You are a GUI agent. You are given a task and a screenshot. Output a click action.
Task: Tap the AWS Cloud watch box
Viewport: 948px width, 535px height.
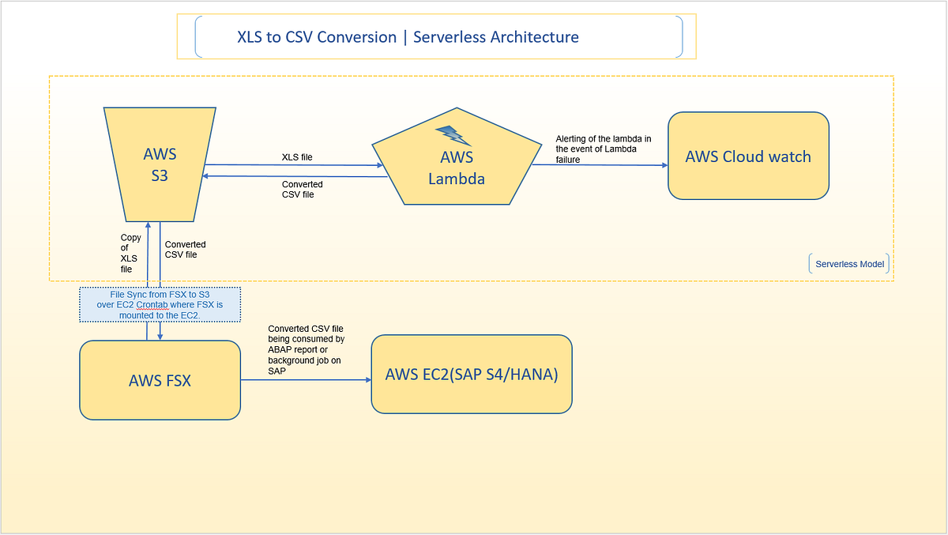tap(747, 156)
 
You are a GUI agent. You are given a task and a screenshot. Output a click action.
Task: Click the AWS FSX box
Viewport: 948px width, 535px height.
tap(160, 380)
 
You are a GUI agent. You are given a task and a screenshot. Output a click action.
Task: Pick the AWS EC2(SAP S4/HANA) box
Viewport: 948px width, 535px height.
tap(471, 374)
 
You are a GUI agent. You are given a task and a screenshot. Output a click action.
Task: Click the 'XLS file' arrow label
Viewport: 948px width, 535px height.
tap(297, 157)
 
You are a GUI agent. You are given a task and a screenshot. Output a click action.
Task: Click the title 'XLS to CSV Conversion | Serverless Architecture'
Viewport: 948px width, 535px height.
tap(408, 37)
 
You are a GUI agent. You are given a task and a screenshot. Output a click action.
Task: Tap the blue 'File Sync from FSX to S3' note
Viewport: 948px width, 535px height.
tap(160, 304)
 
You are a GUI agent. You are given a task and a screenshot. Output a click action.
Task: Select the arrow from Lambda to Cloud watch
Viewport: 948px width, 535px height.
tap(600, 165)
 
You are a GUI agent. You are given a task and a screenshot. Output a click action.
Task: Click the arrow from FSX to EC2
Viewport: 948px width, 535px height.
tap(307, 380)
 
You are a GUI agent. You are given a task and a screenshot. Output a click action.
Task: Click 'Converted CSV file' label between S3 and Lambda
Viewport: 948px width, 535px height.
tap(302, 190)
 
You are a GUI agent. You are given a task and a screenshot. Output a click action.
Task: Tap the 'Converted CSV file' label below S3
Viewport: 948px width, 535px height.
tap(185, 250)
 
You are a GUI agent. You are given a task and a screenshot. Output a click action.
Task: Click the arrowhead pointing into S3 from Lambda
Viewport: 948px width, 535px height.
tap(206, 176)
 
